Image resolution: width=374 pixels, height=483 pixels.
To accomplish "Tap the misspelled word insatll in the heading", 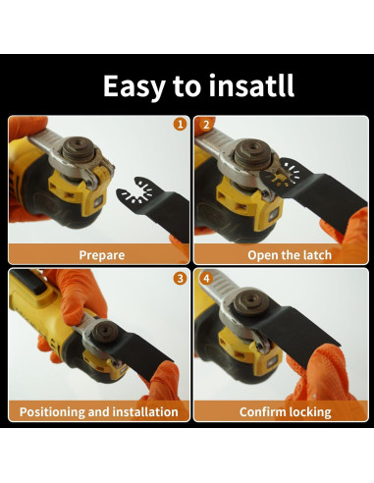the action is point(251,85).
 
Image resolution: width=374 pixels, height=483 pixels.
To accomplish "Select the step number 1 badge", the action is point(180,125).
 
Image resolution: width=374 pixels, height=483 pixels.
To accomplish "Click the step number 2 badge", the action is point(206,125).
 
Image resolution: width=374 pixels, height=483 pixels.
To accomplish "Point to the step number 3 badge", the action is point(180,279).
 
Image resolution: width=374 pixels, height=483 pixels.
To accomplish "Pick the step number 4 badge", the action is point(206,279).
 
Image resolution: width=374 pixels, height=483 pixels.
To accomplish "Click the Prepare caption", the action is point(102,255).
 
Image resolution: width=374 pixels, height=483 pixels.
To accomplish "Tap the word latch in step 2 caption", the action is point(317,254).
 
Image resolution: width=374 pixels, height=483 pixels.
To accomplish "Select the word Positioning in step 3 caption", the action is point(52,411).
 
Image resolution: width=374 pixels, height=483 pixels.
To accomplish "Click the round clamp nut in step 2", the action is point(252,152).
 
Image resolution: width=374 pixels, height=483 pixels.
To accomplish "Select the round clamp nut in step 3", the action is point(105,331).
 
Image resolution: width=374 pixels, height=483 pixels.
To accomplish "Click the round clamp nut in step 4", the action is point(250,300).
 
